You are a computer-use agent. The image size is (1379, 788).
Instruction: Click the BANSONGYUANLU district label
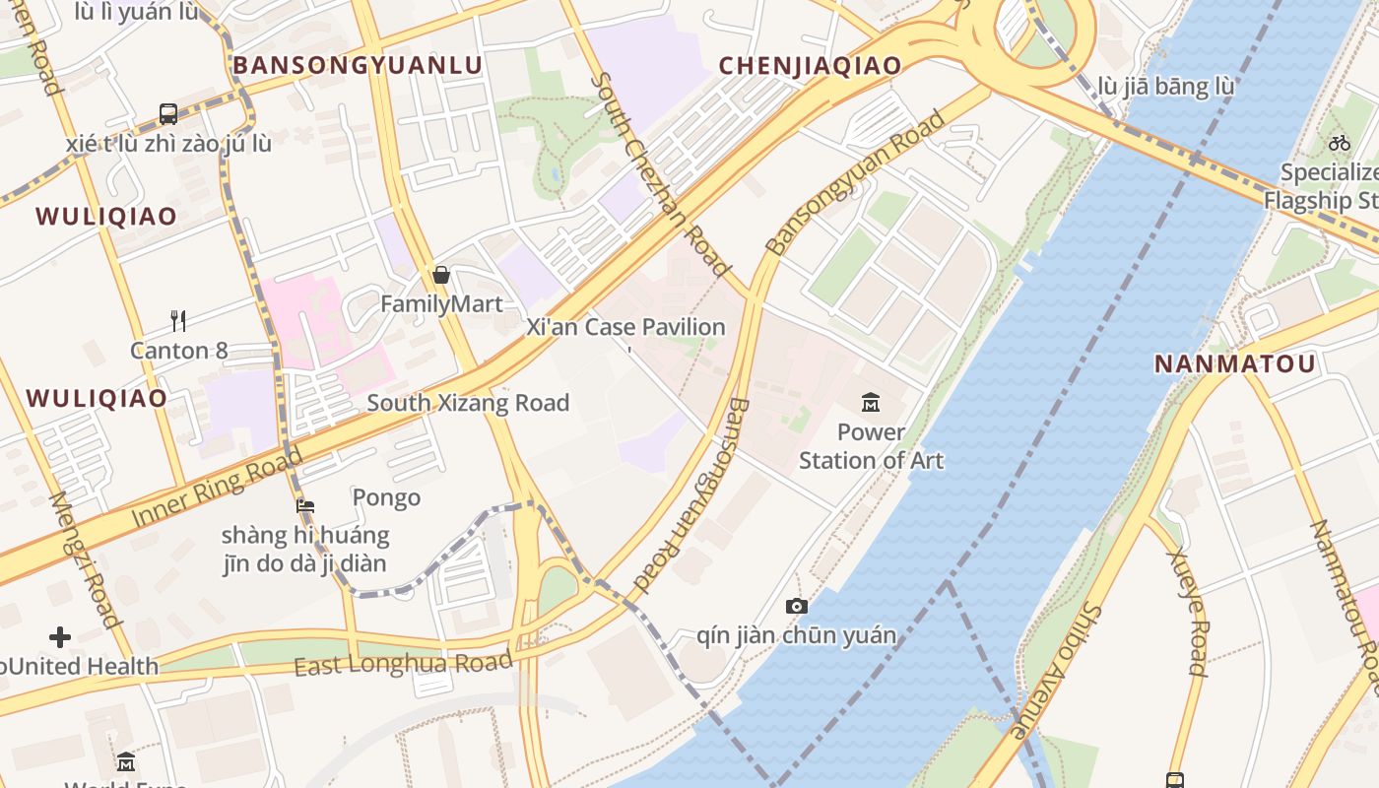358,66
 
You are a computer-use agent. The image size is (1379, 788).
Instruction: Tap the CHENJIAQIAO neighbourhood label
810,66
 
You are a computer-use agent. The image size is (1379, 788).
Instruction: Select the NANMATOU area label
1234,363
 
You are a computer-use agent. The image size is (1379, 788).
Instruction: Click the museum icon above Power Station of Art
871,402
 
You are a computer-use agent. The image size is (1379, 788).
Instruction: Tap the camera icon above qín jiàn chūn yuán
797,606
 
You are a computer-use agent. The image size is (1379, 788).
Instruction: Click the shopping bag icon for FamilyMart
441,275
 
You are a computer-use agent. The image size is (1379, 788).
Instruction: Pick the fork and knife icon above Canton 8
178,320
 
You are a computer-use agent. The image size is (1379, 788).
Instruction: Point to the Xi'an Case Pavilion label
625,327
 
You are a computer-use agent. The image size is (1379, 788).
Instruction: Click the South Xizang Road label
468,403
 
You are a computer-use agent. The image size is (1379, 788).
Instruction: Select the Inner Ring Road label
217,487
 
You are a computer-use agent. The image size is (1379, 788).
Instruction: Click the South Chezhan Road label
664,173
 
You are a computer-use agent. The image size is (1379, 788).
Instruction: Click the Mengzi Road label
85,558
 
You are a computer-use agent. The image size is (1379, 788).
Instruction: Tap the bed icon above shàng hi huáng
305,506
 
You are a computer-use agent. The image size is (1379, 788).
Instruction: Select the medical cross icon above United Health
60,637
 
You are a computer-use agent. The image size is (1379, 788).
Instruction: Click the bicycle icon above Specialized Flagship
1339,143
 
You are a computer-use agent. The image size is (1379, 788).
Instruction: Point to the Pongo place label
386,497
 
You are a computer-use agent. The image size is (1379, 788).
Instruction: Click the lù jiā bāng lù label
1165,87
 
